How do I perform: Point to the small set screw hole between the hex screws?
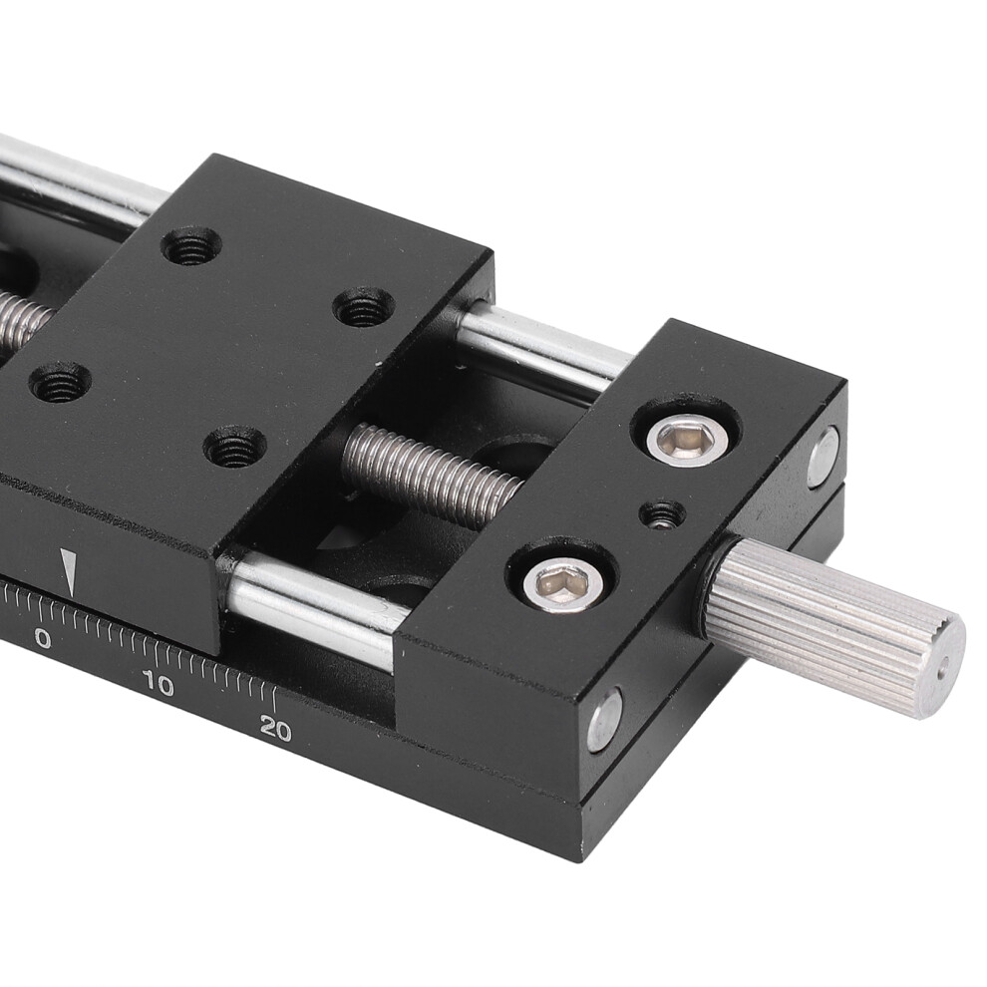point(662,514)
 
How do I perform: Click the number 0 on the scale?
point(43,638)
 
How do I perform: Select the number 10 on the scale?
point(158,684)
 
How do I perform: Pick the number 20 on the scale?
point(275,729)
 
